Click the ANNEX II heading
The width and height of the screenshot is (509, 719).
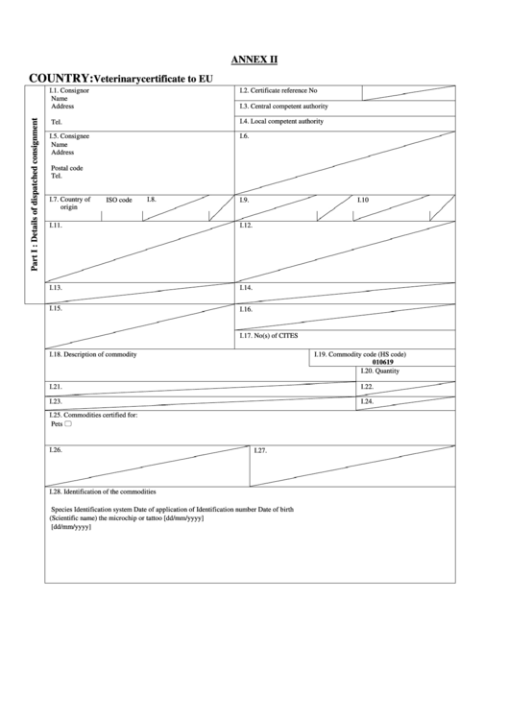click(x=254, y=59)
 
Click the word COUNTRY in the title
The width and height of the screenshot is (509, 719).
click(x=60, y=77)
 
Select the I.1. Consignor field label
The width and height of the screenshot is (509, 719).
click(x=69, y=90)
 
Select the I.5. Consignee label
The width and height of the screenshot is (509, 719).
click(x=70, y=136)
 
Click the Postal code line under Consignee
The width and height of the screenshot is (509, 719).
click(x=66, y=168)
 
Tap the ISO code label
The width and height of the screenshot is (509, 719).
click(x=119, y=200)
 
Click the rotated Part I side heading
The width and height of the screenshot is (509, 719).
click(x=36, y=194)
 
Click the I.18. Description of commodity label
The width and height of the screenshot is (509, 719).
click(x=92, y=354)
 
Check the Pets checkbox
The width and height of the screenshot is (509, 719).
click(x=68, y=423)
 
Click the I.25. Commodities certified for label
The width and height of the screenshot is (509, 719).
click(x=93, y=415)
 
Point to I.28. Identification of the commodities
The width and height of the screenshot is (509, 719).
click(x=102, y=491)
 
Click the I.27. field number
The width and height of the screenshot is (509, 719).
click(x=261, y=450)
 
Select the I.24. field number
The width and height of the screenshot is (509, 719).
click(x=366, y=401)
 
